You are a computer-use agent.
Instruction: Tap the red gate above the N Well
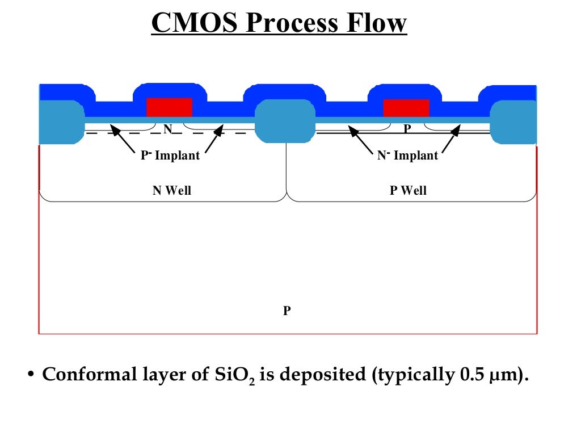[169, 107]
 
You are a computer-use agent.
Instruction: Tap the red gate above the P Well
[406, 107]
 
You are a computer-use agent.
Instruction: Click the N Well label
[172, 191]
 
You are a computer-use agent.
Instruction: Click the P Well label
[408, 191]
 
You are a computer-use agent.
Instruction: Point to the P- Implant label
[170, 156]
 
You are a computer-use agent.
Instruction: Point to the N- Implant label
[407, 156]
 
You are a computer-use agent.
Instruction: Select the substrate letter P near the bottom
[287, 311]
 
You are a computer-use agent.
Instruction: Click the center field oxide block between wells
[285, 121]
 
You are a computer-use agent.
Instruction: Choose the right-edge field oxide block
[513, 121]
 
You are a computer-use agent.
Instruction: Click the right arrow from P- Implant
[213, 140]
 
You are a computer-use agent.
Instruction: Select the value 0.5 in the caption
[465, 375]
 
